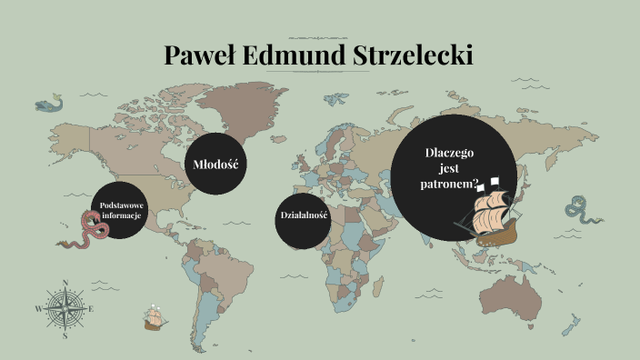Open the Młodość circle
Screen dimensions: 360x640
[x=215, y=165]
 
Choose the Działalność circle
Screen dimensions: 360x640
[x=304, y=215]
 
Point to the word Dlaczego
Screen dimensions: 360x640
[x=449, y=153]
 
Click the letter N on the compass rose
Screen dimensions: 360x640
[x=65, y=283]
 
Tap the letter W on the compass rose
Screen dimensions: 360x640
[x=38, y=309]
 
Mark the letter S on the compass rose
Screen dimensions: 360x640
[x=65, y=335]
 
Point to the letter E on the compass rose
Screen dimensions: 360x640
[x=92, y=309]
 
